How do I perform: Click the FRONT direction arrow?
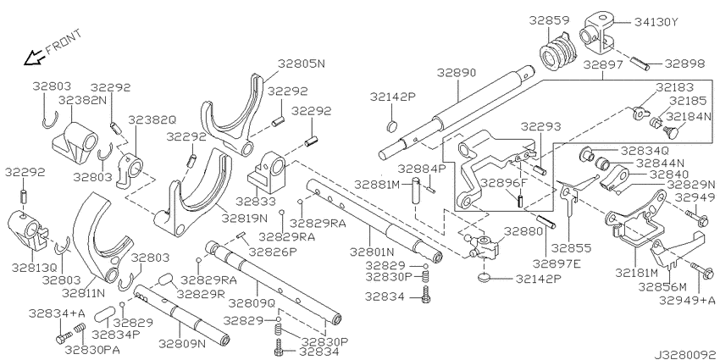point(35,58)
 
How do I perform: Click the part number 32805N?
point(301,64)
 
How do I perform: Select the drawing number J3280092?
point(685,354)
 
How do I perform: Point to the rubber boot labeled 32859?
point(557,52)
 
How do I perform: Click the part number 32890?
point(457,73)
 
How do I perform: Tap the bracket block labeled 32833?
point(267,173)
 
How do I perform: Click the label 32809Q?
point(252,303)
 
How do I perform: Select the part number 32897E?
point(556,263)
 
